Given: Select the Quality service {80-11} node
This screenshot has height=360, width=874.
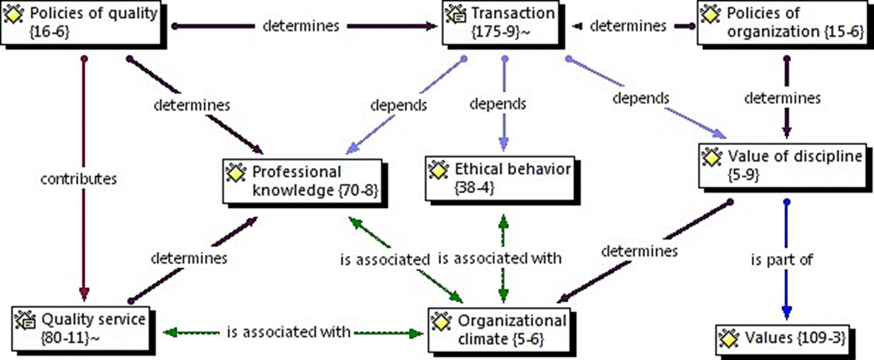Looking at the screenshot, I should (x=84, y=326).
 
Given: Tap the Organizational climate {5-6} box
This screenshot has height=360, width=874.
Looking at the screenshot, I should (x=498, y=329).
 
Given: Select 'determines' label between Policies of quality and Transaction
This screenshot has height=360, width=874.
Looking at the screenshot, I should (x=300, y=26).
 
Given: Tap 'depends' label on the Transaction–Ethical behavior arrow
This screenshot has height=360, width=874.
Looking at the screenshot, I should (x=500, y=104).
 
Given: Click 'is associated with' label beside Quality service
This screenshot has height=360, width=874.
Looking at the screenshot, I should (x=288, y=332).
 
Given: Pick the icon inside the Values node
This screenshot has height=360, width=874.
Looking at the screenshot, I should (x=726, y=337).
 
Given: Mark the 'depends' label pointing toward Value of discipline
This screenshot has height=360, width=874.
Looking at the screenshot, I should (x=639, y=96).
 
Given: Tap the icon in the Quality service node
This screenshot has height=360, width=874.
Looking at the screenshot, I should (x=25, y=318).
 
